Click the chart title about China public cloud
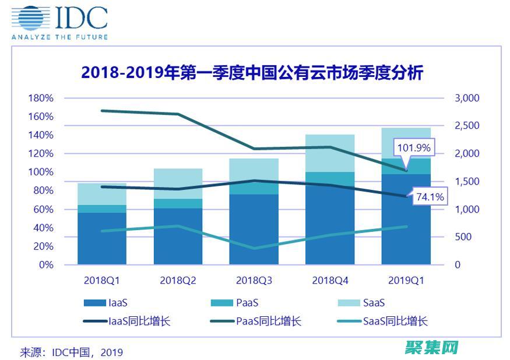pos(252,73)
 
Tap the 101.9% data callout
pos(413,147)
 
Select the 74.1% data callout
pos(429,197)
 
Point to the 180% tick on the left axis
pos(41,98)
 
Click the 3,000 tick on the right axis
pos(466,98)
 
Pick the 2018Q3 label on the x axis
pos(254,280)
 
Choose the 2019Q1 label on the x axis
pos(406,280)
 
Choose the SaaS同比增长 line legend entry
pos(382,321)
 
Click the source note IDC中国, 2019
pos(72,352)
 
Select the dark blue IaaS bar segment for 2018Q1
pos(102,239)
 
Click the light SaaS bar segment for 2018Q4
pos(330,153)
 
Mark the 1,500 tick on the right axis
pos(466,181)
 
